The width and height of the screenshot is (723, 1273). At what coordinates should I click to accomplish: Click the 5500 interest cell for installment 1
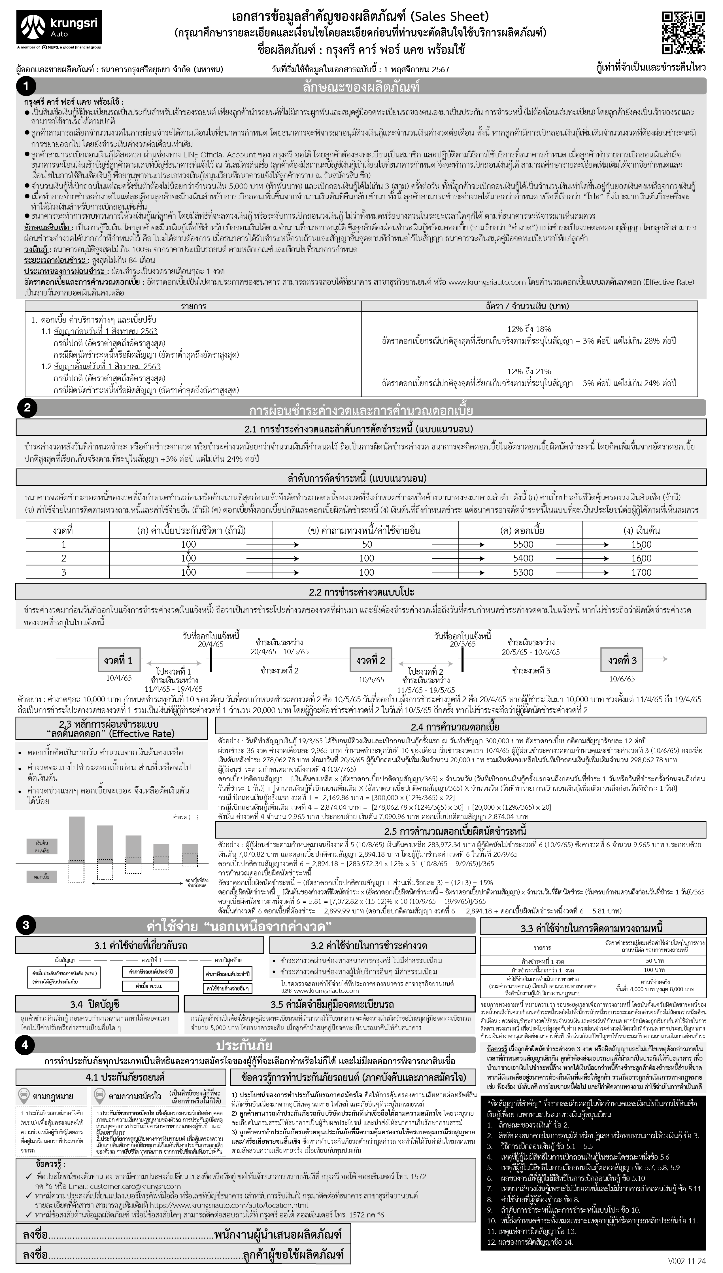pos(523,544)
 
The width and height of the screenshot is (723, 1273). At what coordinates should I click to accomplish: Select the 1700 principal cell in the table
pos(641,572)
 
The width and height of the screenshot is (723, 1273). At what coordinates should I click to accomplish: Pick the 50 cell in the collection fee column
pos(367,544)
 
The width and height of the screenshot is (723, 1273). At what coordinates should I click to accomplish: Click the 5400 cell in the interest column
pos(523,558)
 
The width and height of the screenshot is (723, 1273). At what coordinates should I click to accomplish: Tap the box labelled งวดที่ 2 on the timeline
pos(371,660)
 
